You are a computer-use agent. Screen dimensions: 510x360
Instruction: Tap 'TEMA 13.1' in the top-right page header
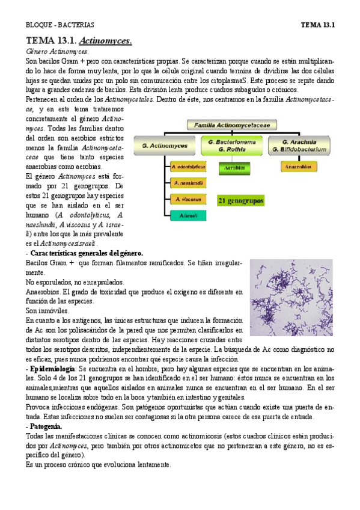pos(317,25)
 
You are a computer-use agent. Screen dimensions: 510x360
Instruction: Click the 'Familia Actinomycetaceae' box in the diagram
pos(231,124)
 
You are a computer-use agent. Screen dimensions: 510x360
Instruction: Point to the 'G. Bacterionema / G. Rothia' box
pos(231,145)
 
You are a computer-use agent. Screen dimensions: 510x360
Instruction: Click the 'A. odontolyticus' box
pos(188,166)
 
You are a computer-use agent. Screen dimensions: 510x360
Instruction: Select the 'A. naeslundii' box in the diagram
pos(188,182)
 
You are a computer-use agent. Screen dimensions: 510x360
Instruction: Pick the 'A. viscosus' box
pos(188,198)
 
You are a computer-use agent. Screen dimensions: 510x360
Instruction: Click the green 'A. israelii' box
pos(188,214)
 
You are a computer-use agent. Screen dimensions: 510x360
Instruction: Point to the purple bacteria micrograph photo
pos(291,297)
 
